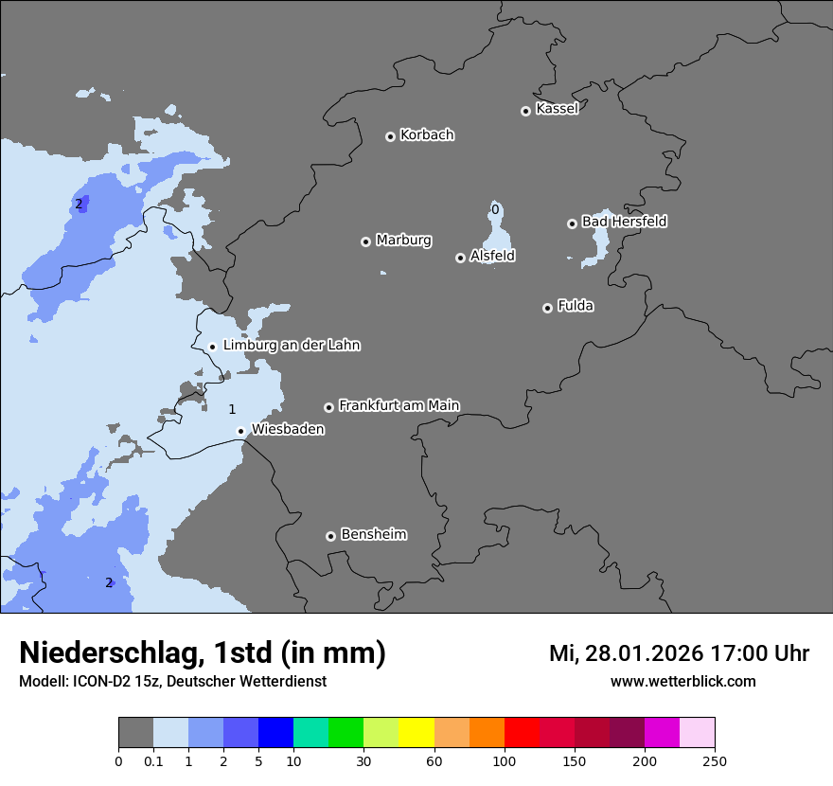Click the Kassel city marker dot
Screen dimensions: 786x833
click(525, 111)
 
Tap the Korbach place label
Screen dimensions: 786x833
click(427, 135)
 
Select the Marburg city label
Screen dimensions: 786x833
click(403, 241)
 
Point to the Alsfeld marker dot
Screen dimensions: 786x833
click(460, 258)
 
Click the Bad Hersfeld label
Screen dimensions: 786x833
click(624, 222)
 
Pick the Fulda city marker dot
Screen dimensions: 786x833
click(547, 308)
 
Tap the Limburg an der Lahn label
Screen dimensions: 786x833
click(291, 346)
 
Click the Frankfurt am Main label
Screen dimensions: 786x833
click(399, 405)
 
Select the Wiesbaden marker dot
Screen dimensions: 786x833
click(241, 431)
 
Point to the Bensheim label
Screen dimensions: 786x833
click(373, 534)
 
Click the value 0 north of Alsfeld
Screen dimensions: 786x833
click(495, 208)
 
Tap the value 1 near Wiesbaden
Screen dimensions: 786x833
click(232, 409)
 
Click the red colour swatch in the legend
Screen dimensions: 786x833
click(522, 733)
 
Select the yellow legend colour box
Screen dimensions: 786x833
click(416, 733)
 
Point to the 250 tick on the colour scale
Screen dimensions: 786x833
click(715, 761)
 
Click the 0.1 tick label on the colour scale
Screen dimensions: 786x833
click(153, 761)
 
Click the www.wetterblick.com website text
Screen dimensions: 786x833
click(682, 681)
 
